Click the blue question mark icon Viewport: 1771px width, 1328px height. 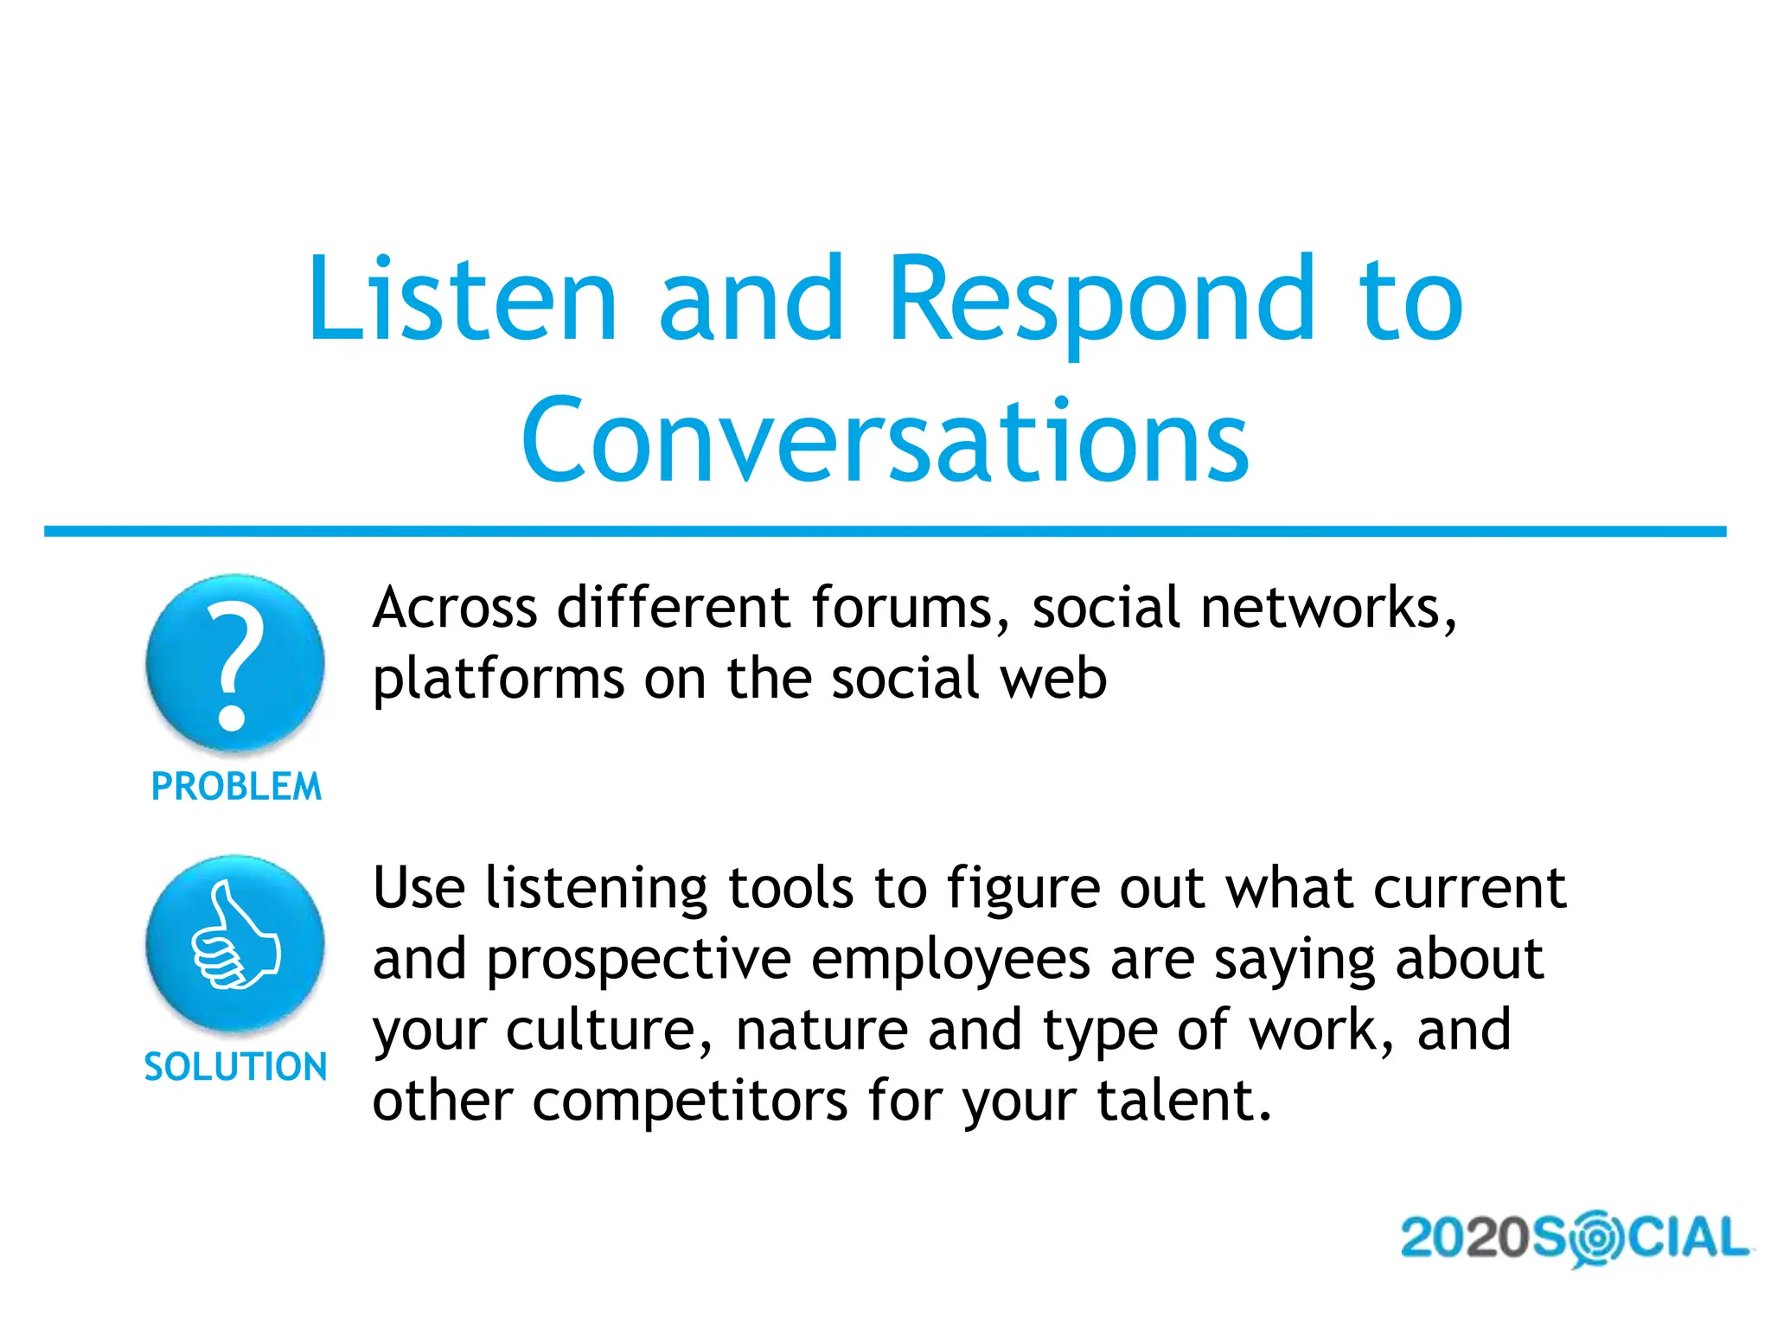(x=234, y=663)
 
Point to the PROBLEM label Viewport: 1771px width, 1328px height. (x=236, y=787)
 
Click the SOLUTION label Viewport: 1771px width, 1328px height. (x=235, y=1067)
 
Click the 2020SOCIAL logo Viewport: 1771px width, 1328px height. (x=1575, y=1238)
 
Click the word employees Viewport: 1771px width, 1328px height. (x=950, y=961)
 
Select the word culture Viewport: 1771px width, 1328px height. (x=610, y=1031)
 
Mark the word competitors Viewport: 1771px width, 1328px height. (x=690, y=1102)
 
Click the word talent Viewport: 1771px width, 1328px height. (x=1184, y=1101)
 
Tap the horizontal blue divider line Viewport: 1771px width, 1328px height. (x=885, y=532)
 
